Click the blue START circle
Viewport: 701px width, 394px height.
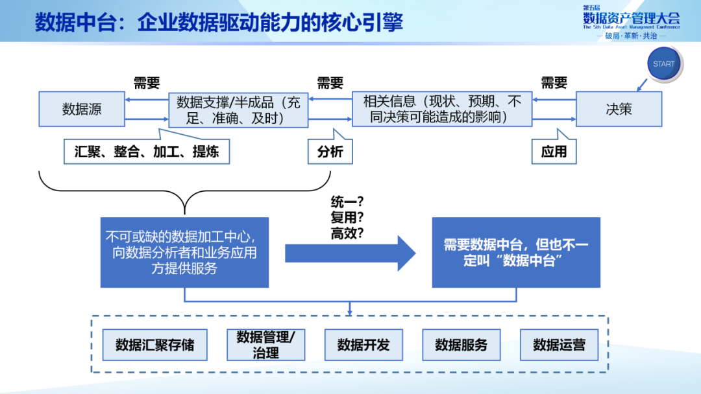(x=663, y=64)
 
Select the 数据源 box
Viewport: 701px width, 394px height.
(x=82, y=109)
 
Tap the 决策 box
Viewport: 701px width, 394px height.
(x=619, y=109)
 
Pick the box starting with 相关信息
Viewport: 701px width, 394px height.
(x=442, y=109)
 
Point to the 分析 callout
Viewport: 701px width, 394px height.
(x=330, y=152)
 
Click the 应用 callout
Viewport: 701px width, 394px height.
(x=554, y=152)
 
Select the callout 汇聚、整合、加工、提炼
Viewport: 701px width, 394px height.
(x=147, y=152)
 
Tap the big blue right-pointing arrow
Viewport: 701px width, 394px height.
(x=350, y=253)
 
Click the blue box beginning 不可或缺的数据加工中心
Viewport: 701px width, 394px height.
(x=184, y=252)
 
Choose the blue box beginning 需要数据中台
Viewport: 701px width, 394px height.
(x=516, y=252)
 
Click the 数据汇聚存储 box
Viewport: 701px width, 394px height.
(x=154, y=345)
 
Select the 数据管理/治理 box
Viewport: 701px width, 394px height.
(x=266, y=345)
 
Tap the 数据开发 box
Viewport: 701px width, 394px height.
(x=363, y=345)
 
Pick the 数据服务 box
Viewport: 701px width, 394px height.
(x=461, y=345)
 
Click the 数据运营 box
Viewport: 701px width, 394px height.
(x=559, y=345)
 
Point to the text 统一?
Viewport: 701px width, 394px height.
(x=347, y=202)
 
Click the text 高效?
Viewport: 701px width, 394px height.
(x=347, y=233)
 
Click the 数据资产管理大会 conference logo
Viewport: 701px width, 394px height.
(x=631, y=21)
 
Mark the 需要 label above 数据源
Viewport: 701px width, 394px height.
(x=147, y=82)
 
